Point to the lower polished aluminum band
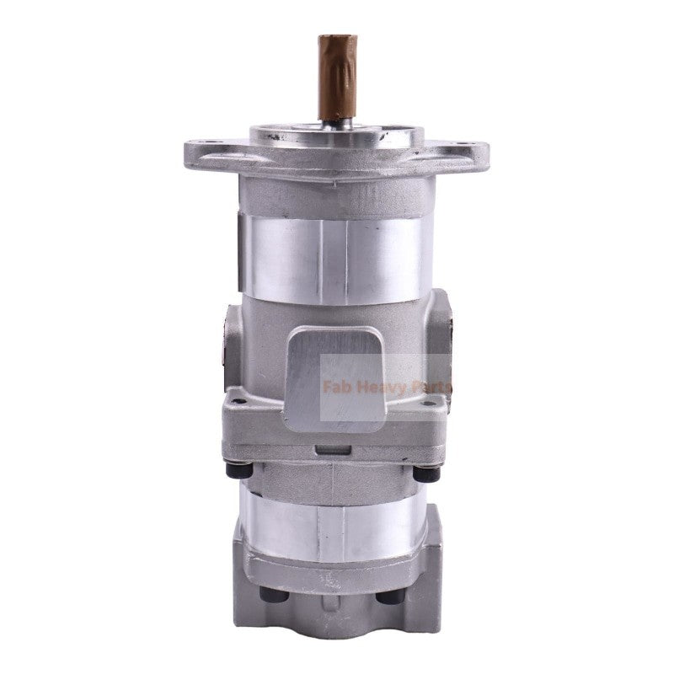(x=337, y=522)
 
